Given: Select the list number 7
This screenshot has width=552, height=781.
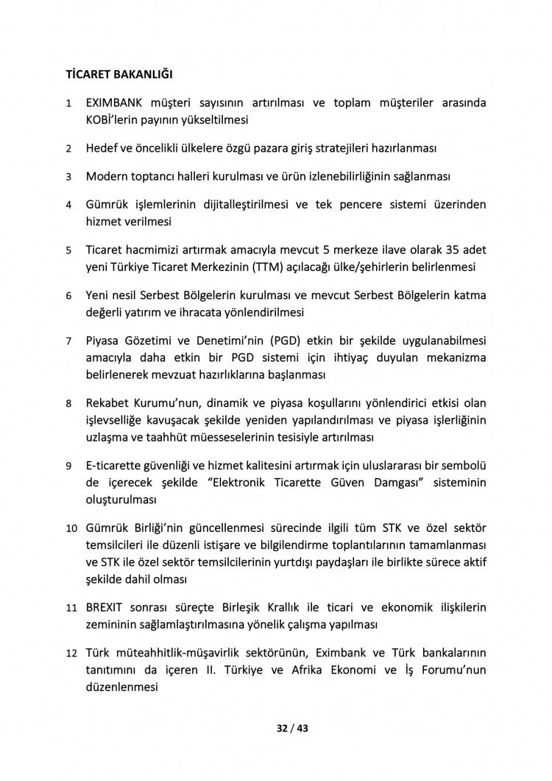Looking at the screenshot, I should coord(68,342).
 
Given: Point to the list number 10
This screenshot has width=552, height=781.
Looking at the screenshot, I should coord(71,529).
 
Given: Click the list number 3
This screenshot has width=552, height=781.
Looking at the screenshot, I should coord(68,177).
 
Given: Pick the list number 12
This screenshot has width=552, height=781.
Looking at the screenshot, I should coord(71,654).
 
